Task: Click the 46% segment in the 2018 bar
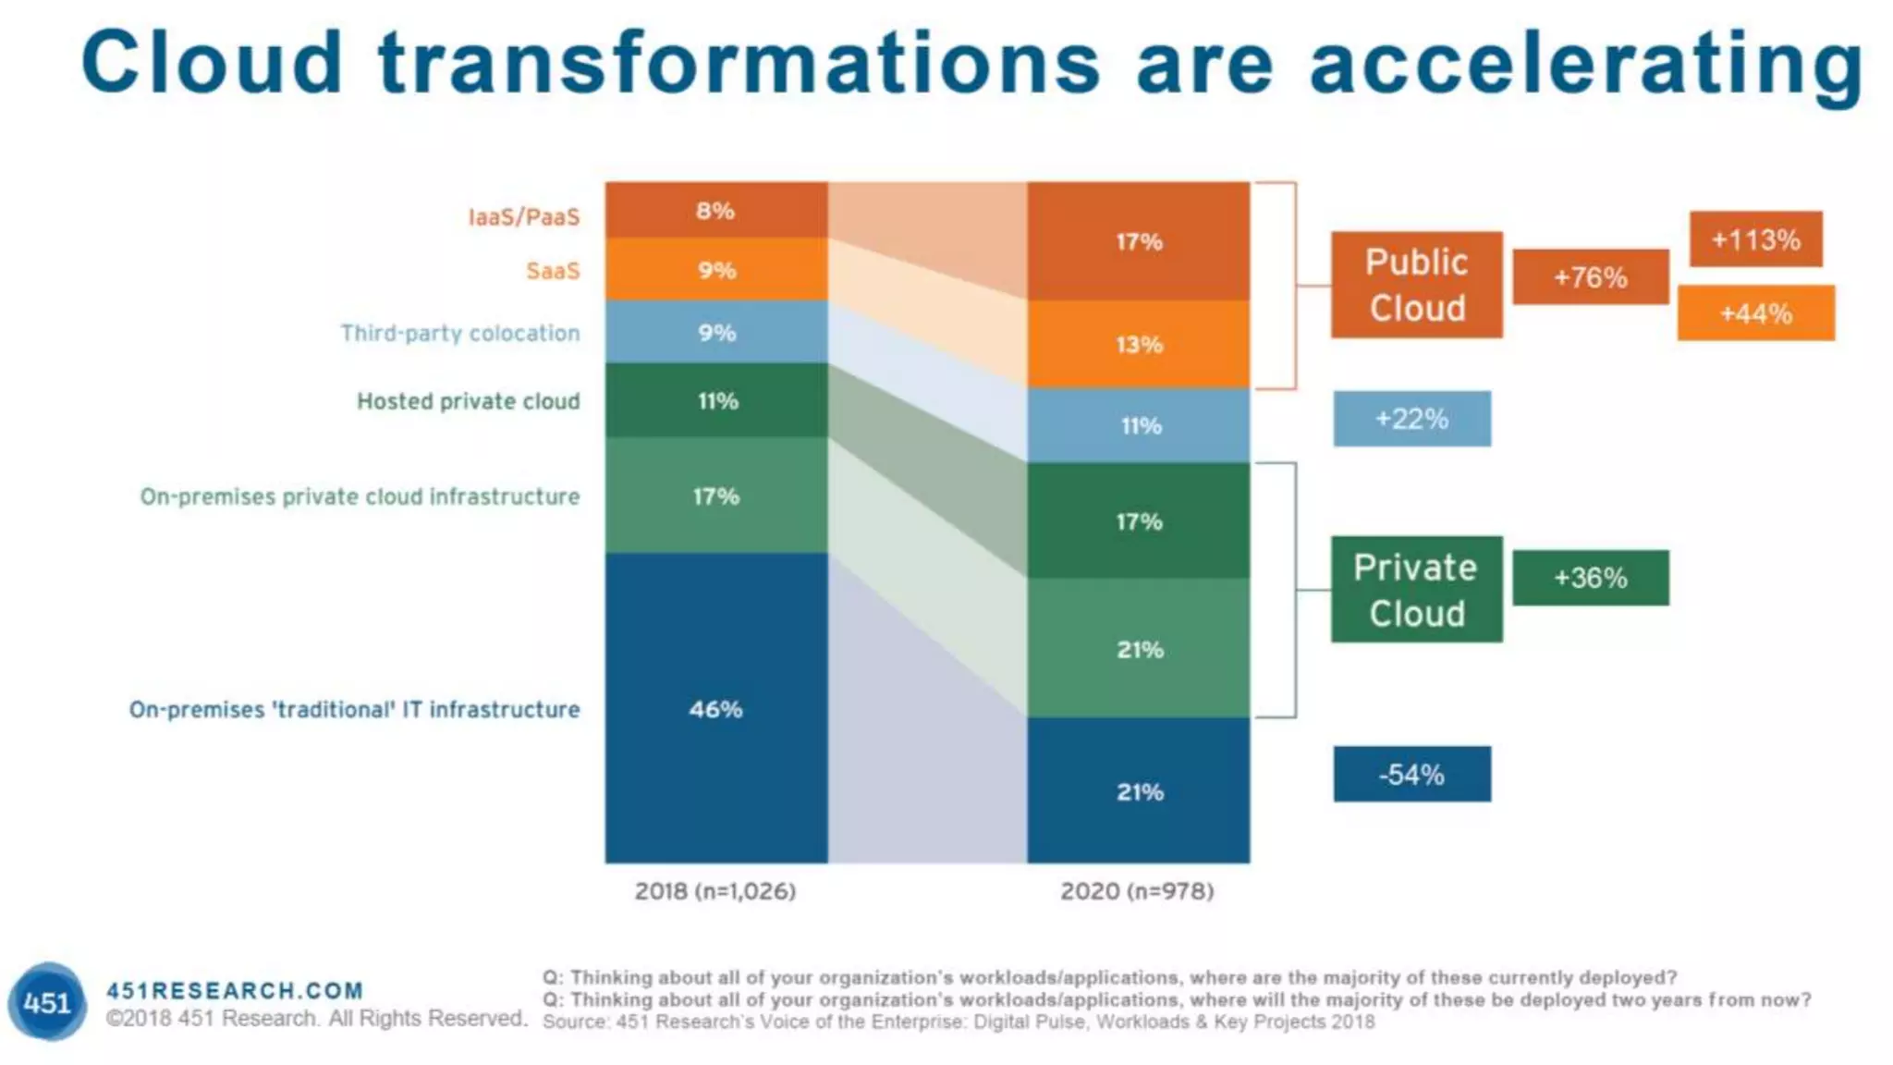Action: click(x=716, y=708)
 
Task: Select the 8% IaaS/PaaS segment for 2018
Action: click(x=716, y=211)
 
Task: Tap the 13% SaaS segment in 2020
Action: click(x=1139, y=344)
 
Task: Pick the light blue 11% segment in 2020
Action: click(x=1139, y=425)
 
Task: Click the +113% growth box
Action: click(x=1755, y=239)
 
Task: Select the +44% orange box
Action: click(x=1755, y=313)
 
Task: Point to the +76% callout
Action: click(x=1590, y=276)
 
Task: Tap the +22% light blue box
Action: click(x=1411, y=419)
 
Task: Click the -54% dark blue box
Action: click(x=1411, y=774)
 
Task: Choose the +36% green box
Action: click(x=1590, y=578)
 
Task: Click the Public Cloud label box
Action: click(x=1416, y=285)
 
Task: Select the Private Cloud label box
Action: click(x=1416, y=590)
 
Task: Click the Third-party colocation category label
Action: click(x=460, y=333)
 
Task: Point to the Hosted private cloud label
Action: click(x=469, y=401)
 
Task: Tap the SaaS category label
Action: click(x=553, y=271)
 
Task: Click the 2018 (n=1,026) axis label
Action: click(x=714, y=891)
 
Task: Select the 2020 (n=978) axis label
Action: click(x=1137, y=891)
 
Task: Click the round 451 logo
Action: click(x=47, y=1002)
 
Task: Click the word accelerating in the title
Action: click(x=1585, y=63)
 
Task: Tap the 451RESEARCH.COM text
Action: click(x=235, y=991)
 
